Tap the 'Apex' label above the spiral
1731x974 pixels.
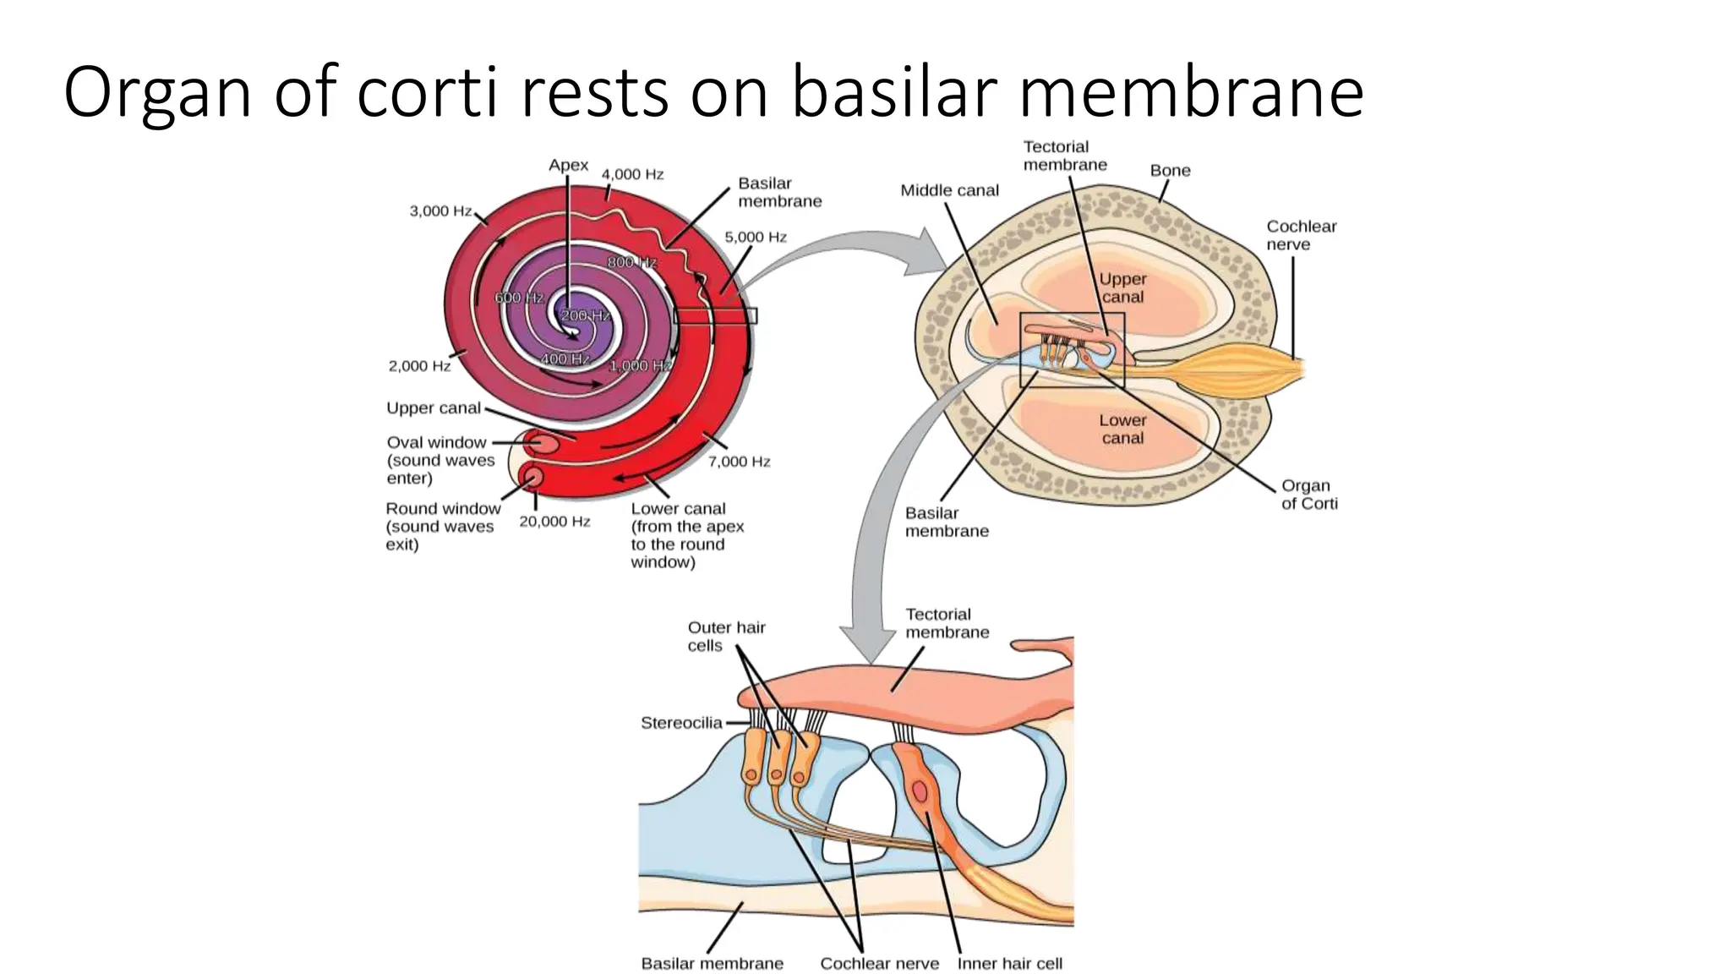pyautogui.click(x=568, y=165)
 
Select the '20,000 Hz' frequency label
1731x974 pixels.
pyautogui.click(x=554, y=522)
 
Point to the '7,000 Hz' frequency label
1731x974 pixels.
pyautogui.click(x=739, y=462)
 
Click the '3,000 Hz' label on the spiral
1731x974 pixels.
pyautogui.click(x=440, y=211)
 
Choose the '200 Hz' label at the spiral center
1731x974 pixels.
pyautogui.click(x=585, y=315)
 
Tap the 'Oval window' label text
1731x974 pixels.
pyautogui.click(x=436, y=442)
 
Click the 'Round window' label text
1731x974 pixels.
pyautogui.click(x=443, y=508)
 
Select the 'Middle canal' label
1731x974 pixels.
pyautogui.click(x=949, y=190)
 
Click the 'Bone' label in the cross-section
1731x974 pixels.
pyautogui.click(x=1170, y=170)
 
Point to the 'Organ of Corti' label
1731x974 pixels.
pyautogui.click(x=1308, y=495)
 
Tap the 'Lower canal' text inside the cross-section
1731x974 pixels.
pyautogui.click(x=1122, y=429)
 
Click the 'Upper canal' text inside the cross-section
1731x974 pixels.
pyautogui.click(x=1122, y=287)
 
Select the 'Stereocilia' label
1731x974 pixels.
pyautogui.click(x=681, y=723)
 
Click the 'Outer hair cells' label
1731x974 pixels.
pyautogui.click(x=725, y=636)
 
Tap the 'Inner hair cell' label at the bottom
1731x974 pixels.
pyautogui.click(x=1009, y=963)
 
